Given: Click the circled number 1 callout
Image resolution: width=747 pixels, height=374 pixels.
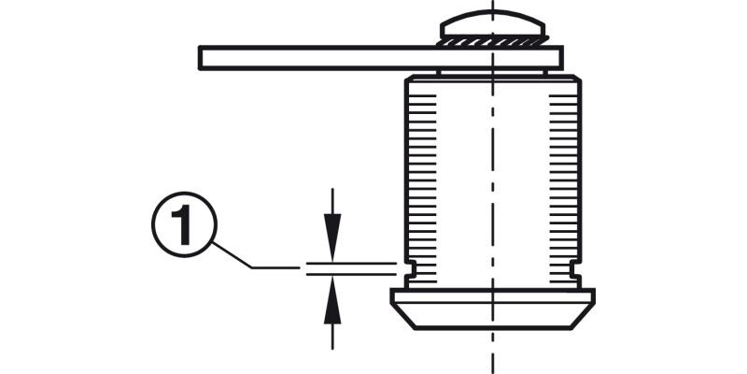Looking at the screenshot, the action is [184, 224].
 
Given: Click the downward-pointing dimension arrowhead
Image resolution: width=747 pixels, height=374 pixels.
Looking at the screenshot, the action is [332, 237].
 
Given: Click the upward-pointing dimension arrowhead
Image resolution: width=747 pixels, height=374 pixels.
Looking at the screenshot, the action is [332, 300].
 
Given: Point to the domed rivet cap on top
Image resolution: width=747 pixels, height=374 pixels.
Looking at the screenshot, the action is [493, 25].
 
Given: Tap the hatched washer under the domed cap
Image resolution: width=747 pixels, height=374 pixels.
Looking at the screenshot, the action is [493, 41].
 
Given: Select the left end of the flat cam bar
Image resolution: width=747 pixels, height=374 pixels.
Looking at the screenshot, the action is [200, 58].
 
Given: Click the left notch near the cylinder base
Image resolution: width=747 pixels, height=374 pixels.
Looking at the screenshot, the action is [410, 268].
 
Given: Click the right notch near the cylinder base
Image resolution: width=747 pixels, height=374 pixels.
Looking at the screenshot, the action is [575, 268].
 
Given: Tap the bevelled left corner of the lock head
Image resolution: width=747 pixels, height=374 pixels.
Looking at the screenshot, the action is [403, 316].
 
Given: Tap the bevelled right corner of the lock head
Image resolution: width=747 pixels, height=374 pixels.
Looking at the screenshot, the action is [582, 316].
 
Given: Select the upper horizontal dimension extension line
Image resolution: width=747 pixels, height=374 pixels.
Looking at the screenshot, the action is [351, 263].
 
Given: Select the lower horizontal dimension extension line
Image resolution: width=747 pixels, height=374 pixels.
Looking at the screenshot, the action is [351, 274].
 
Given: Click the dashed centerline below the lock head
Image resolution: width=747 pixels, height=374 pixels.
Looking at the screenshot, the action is [493, 352].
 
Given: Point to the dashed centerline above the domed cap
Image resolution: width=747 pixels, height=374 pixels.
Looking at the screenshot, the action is [493, 5].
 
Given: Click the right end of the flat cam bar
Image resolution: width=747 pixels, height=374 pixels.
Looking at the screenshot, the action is [561, 58].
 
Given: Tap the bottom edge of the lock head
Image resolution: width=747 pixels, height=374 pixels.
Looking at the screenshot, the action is [493, 328].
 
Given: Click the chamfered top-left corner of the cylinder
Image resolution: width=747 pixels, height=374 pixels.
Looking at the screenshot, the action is [408, 78].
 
